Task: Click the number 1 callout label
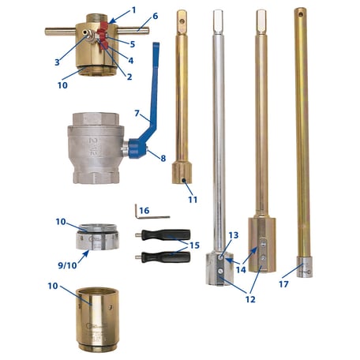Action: [133, 9]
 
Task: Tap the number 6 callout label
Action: [155, 15]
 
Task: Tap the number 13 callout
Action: [232, 235]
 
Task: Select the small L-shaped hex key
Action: [152, 215]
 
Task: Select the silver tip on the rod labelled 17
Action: [302, 262]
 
